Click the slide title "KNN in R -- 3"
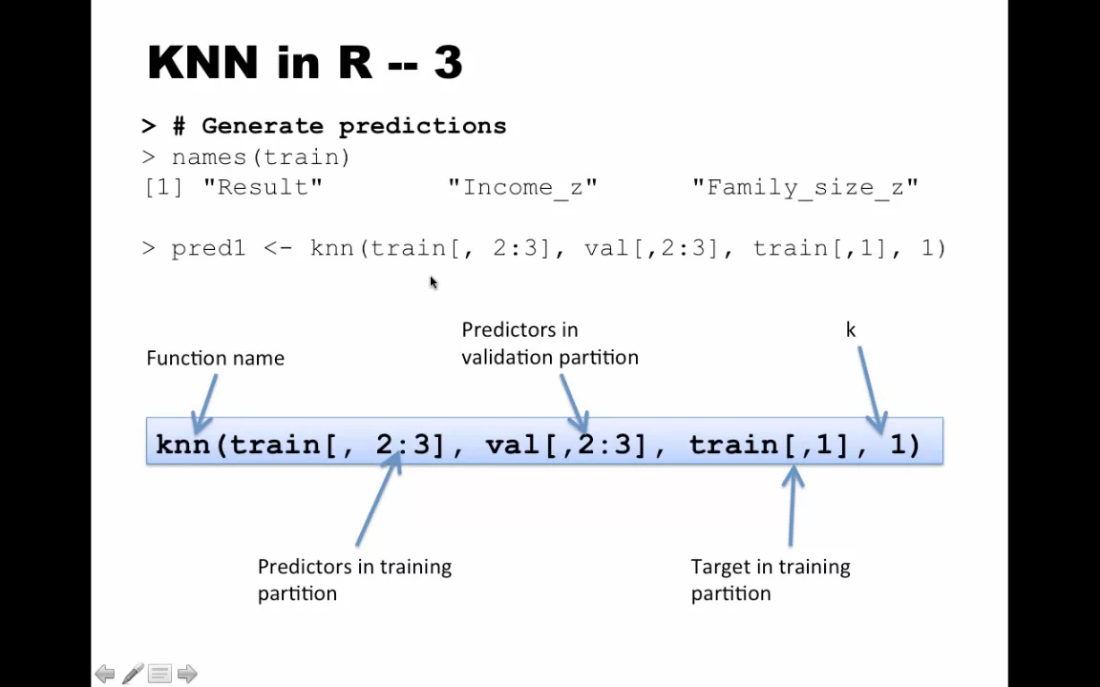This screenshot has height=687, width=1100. [306, 62]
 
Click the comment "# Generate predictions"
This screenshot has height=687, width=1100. [340, 126]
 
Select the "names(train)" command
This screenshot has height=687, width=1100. [261, 157]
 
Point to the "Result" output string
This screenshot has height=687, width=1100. [264, 187]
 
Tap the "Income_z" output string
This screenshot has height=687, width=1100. [523, 188]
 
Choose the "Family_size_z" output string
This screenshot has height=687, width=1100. [805, 188]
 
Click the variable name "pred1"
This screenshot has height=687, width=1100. [208, 248]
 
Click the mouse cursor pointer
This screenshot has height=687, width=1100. [434, 282]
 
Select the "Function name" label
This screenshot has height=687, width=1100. [216, 358]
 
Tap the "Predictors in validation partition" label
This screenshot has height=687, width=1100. [550, 343]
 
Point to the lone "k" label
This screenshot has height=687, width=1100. [850, 329]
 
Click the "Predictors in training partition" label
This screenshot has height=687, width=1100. [354, 580]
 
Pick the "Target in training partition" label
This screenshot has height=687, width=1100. [771, 580]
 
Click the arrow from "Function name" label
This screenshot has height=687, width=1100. [205, 405]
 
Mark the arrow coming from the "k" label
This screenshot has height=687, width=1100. [872, 389]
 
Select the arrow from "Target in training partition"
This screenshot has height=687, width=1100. [792, 506]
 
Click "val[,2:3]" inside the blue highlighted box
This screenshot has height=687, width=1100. [565, 445]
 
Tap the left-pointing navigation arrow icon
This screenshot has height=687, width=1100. [104, 674]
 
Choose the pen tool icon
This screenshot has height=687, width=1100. [133, 673]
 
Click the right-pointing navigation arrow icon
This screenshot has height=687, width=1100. [187, 674]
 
